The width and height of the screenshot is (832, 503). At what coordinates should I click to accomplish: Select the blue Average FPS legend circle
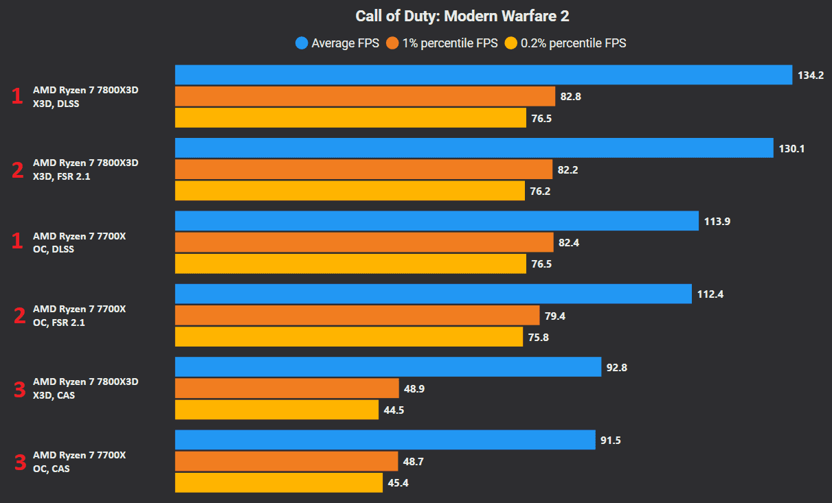302,43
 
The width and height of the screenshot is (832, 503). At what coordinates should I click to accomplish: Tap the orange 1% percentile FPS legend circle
392,43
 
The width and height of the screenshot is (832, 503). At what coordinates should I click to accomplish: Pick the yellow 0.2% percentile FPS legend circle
511,43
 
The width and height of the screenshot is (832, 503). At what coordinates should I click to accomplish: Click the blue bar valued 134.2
484,75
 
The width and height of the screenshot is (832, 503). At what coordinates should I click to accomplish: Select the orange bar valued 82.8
365,96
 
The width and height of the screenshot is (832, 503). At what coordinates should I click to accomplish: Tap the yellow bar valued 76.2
350,191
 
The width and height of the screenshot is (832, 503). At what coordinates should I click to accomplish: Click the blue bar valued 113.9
437,221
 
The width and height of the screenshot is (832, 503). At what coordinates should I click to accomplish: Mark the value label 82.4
569,243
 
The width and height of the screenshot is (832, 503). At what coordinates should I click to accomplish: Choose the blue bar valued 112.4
434,294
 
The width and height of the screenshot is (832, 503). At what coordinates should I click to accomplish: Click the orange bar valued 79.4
357,316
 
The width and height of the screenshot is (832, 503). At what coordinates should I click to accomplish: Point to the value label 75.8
539,338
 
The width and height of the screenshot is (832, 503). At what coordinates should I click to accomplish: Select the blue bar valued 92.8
388,367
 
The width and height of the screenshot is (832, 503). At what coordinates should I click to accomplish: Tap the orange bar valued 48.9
286,388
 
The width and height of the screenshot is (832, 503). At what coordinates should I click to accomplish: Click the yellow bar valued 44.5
277,410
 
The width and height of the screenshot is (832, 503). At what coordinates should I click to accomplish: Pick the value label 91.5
610,441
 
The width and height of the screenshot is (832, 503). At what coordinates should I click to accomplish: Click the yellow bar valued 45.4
279,482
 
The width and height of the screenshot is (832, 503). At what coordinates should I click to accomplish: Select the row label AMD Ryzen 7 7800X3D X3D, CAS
85,388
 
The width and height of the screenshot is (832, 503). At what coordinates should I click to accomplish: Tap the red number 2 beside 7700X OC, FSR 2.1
19,316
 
